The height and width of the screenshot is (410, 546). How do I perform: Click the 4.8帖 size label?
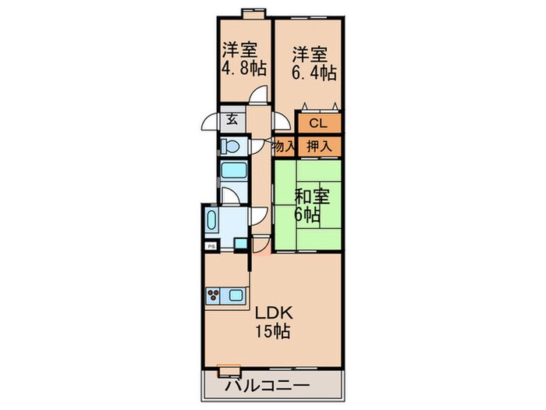(243, 69)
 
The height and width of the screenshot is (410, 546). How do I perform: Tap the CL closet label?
(317, 123)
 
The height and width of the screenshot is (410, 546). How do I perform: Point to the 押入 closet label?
(318, 144)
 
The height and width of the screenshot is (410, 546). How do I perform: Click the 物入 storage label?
(284, 144)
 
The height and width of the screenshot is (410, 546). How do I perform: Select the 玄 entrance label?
(232, 120)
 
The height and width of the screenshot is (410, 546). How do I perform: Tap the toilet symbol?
(229, 144)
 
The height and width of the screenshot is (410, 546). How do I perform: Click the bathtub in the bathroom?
(232, 173)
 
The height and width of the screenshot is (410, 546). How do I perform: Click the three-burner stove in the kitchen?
(214, 294)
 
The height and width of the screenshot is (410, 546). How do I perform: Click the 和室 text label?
(311, 195)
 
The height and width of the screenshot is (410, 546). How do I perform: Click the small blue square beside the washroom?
(239, 244)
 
